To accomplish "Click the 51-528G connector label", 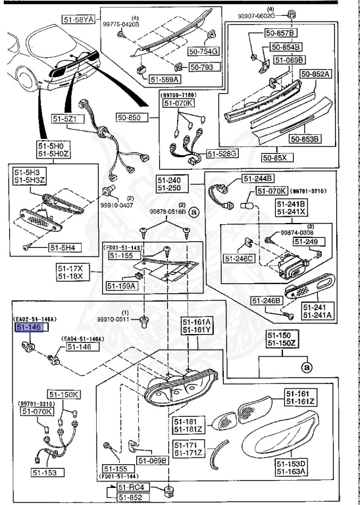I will [x=222, y=153].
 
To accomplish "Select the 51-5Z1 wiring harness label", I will [x=66, y=119].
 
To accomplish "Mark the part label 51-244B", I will [x=258, y=178].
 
